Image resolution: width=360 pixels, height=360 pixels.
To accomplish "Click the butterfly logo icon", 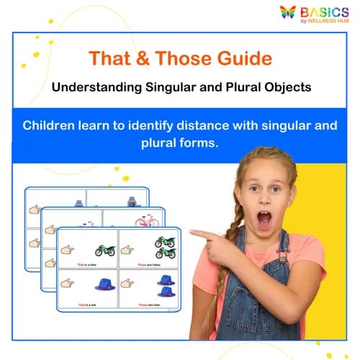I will click(287, 12).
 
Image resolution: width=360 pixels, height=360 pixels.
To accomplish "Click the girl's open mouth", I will click(265, 218).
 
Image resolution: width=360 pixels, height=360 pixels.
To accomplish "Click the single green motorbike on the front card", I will click(105, 250).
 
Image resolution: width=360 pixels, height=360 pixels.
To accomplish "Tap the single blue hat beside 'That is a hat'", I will click(105, 284).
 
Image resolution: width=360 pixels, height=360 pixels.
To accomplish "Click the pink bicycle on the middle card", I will click(146, 220).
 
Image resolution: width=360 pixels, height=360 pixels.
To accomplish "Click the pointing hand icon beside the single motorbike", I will click(68, 249).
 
